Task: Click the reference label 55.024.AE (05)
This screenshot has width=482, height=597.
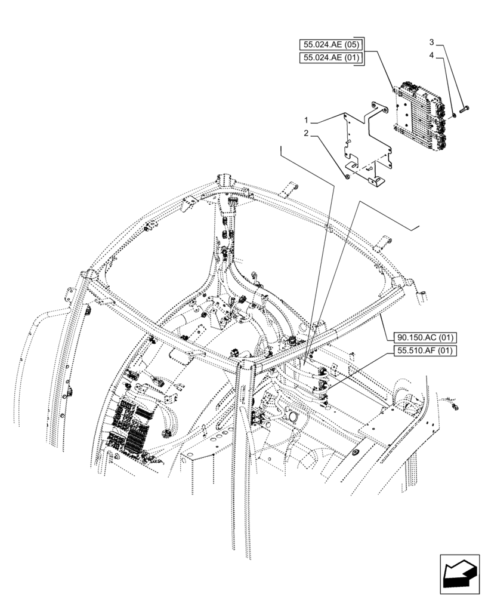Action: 331,44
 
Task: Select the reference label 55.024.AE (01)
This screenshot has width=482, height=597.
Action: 331,58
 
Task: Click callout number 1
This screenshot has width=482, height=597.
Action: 307,120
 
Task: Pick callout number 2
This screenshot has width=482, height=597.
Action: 306,134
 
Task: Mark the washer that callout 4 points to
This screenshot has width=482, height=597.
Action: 453,114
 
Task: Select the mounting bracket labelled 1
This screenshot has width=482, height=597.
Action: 365,143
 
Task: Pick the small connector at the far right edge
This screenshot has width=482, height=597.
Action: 456,407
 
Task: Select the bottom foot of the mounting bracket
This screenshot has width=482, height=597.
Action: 377,180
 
